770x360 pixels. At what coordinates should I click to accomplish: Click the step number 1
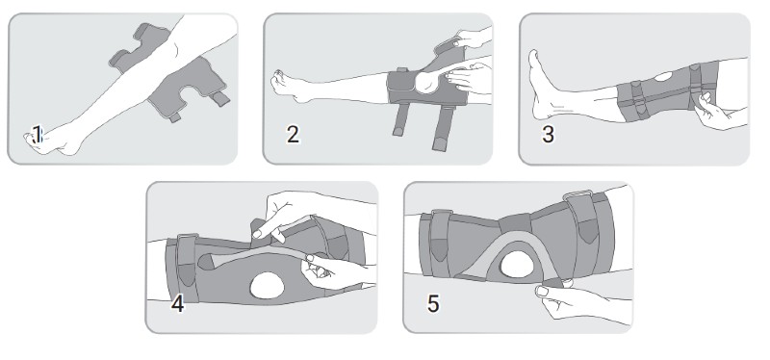click(37, 134)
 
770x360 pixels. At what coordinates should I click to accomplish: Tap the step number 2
click(293, 134)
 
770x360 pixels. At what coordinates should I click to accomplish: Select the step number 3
click(548, 134)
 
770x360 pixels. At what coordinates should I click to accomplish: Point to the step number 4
click(177, 304)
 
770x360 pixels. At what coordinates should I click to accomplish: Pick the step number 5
click(433, 304)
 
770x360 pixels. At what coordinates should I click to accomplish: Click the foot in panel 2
click(290, 87)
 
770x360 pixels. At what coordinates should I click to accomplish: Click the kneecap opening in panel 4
click(268, 286)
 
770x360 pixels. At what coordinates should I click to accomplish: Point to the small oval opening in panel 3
click(663, 77)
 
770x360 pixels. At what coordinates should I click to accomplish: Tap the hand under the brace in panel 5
click(575, 299)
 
